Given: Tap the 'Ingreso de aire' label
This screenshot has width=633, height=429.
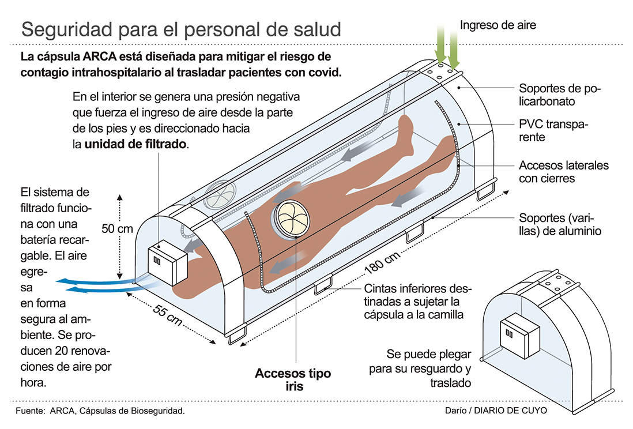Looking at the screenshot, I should (498, 25).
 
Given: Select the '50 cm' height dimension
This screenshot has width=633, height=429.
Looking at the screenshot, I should (117, 228).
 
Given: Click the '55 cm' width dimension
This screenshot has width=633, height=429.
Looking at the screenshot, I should (168, 314).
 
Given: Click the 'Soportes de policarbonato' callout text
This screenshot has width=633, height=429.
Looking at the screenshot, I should (559, 95).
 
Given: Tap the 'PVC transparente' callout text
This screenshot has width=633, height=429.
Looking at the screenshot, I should (553, 131).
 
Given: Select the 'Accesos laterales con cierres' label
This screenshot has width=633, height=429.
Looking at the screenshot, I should (563, 171).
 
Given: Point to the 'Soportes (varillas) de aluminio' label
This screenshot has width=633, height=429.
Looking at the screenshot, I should (560, 225).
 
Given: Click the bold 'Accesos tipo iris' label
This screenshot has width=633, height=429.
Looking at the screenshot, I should (293, 379).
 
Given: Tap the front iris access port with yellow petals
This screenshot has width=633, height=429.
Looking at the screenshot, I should (291, 219).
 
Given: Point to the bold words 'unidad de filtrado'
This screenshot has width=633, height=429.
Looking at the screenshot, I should (136, 145).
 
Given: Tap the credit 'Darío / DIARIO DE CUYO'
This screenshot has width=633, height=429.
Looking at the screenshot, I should (496, 411).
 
